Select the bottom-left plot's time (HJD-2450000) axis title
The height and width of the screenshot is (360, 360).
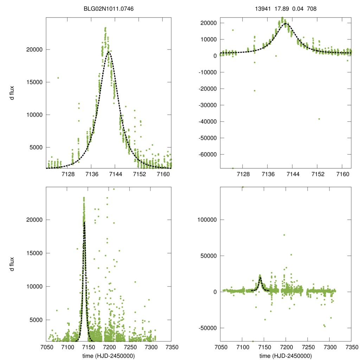108,356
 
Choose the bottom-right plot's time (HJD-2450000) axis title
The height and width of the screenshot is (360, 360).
285,356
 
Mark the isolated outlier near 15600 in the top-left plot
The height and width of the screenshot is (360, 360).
58,78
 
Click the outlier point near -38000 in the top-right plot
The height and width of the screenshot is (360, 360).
319,119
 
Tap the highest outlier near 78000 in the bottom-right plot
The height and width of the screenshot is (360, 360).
284,235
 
